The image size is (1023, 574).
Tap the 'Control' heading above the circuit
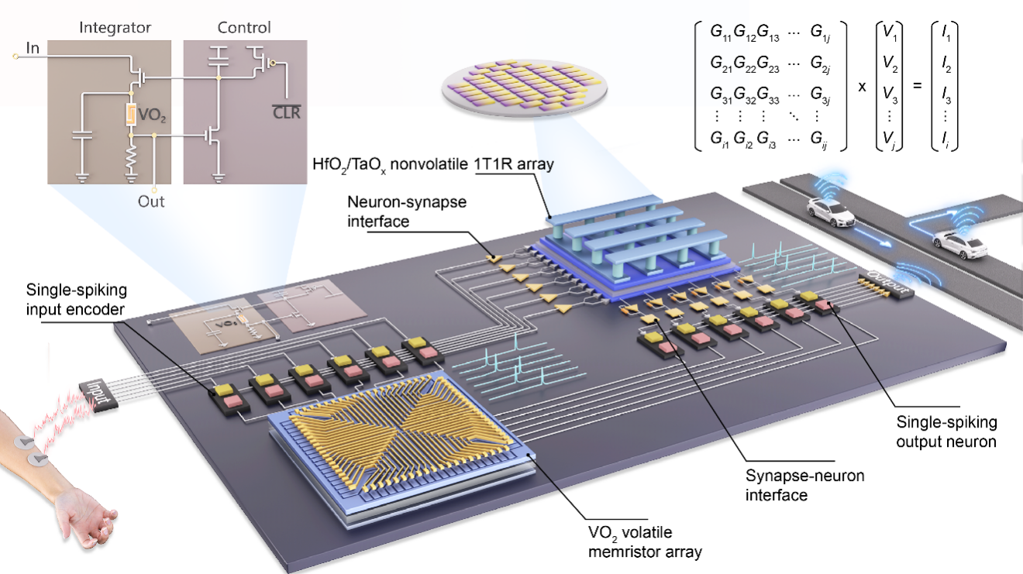click(x=244, y=28)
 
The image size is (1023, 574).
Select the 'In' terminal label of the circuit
click(x=33, y=49)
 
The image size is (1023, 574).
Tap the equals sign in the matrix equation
click(x=918, y=85)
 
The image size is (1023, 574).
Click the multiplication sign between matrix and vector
click(x=861, y=85)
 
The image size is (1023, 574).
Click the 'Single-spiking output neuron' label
click(x=946, y=431)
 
